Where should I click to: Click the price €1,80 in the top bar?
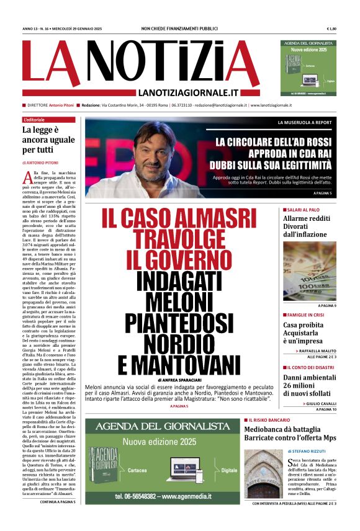(x=331, y=29)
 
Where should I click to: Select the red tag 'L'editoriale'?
(x=35, y=120)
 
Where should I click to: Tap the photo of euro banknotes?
(x=309, y=270)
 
